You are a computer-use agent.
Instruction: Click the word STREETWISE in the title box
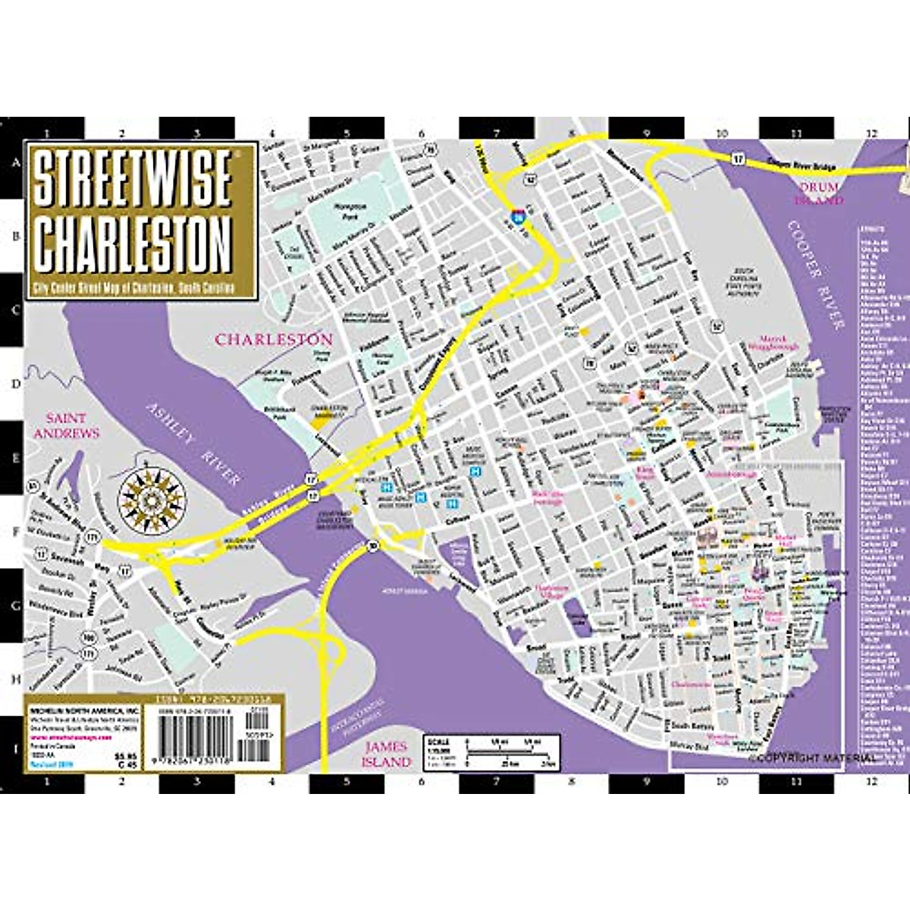(x=133, y=178)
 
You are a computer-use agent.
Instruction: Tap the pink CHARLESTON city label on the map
(x=274, y=340)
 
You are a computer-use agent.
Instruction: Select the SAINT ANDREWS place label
(x=72, y=425)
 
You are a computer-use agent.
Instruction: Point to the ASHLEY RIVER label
(x=193, y=444)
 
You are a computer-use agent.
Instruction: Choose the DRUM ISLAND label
(x=818, y=193)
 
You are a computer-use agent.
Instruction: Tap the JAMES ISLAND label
(x=387, y=754)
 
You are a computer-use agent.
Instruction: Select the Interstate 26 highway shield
(x=518, y=217)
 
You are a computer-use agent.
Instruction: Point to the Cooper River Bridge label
(x=801, y=164)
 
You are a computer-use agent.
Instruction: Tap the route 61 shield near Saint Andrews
(x=33, y=485)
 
